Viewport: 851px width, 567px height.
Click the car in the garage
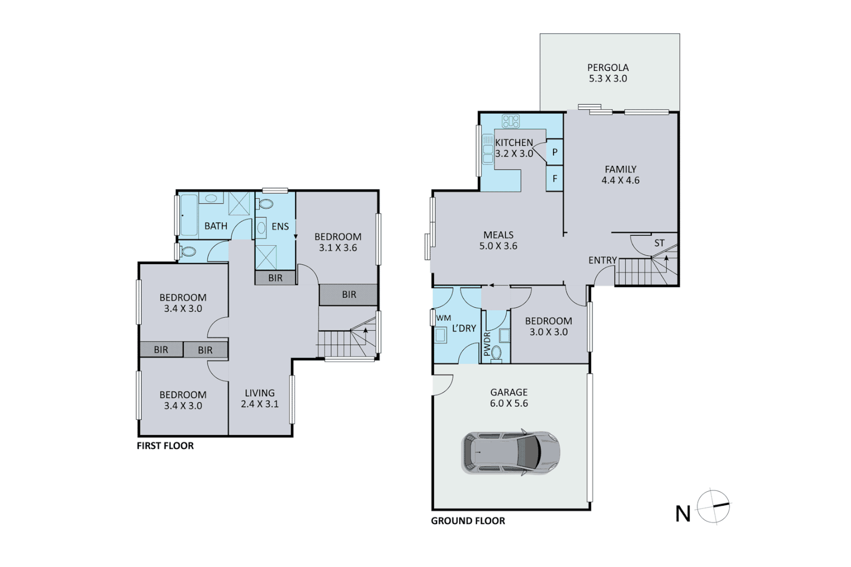(x=510, y=453)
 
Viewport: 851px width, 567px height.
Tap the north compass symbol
(x=713, y=507)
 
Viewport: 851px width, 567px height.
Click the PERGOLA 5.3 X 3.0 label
(x=608, y=73)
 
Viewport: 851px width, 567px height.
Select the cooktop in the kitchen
(x=511, y=121)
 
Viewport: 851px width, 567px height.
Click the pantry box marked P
(x=555, y=153)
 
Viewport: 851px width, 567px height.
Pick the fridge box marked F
(x=555, y=179)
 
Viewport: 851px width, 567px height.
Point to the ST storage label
(x=659, y=243)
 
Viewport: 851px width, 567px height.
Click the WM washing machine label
(x=443, y=318)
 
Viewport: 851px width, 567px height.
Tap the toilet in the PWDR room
(x=496, y=352)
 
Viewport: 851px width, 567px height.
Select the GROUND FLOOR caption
(x=468, y=521)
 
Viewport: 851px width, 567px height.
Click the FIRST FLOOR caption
(x=165, y=446)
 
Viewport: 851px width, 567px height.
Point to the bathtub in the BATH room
(x=189, y=215)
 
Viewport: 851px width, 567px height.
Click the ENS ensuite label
(x=280, y=226)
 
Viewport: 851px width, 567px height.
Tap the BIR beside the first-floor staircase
(x=349, y=295)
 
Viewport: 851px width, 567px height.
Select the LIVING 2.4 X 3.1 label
(x=260, y=398)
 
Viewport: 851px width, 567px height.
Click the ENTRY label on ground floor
(x=602, y=260)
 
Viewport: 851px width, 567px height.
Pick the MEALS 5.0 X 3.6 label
(x=498, y=240)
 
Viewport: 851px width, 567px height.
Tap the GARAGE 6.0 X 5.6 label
(x=508, y=398)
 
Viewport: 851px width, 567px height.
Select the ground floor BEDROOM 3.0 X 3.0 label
(x=548, y=326)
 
